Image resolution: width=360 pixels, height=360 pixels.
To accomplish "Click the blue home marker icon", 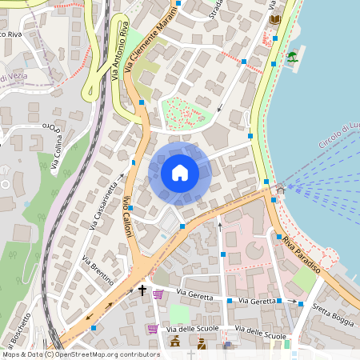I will point(180,174).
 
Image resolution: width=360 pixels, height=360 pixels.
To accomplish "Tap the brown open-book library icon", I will point(276,19).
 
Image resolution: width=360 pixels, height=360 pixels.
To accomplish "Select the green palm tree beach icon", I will point(292,57).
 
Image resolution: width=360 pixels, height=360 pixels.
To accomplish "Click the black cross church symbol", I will point(143,290).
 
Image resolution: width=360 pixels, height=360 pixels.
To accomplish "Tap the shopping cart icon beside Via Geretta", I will point(158,294).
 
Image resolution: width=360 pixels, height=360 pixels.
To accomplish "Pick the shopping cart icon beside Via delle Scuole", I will point(152,328).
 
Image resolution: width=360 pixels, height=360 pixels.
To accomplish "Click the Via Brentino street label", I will point(98,270).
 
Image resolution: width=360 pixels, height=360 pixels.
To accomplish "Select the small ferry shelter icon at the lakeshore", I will point(280,190).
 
